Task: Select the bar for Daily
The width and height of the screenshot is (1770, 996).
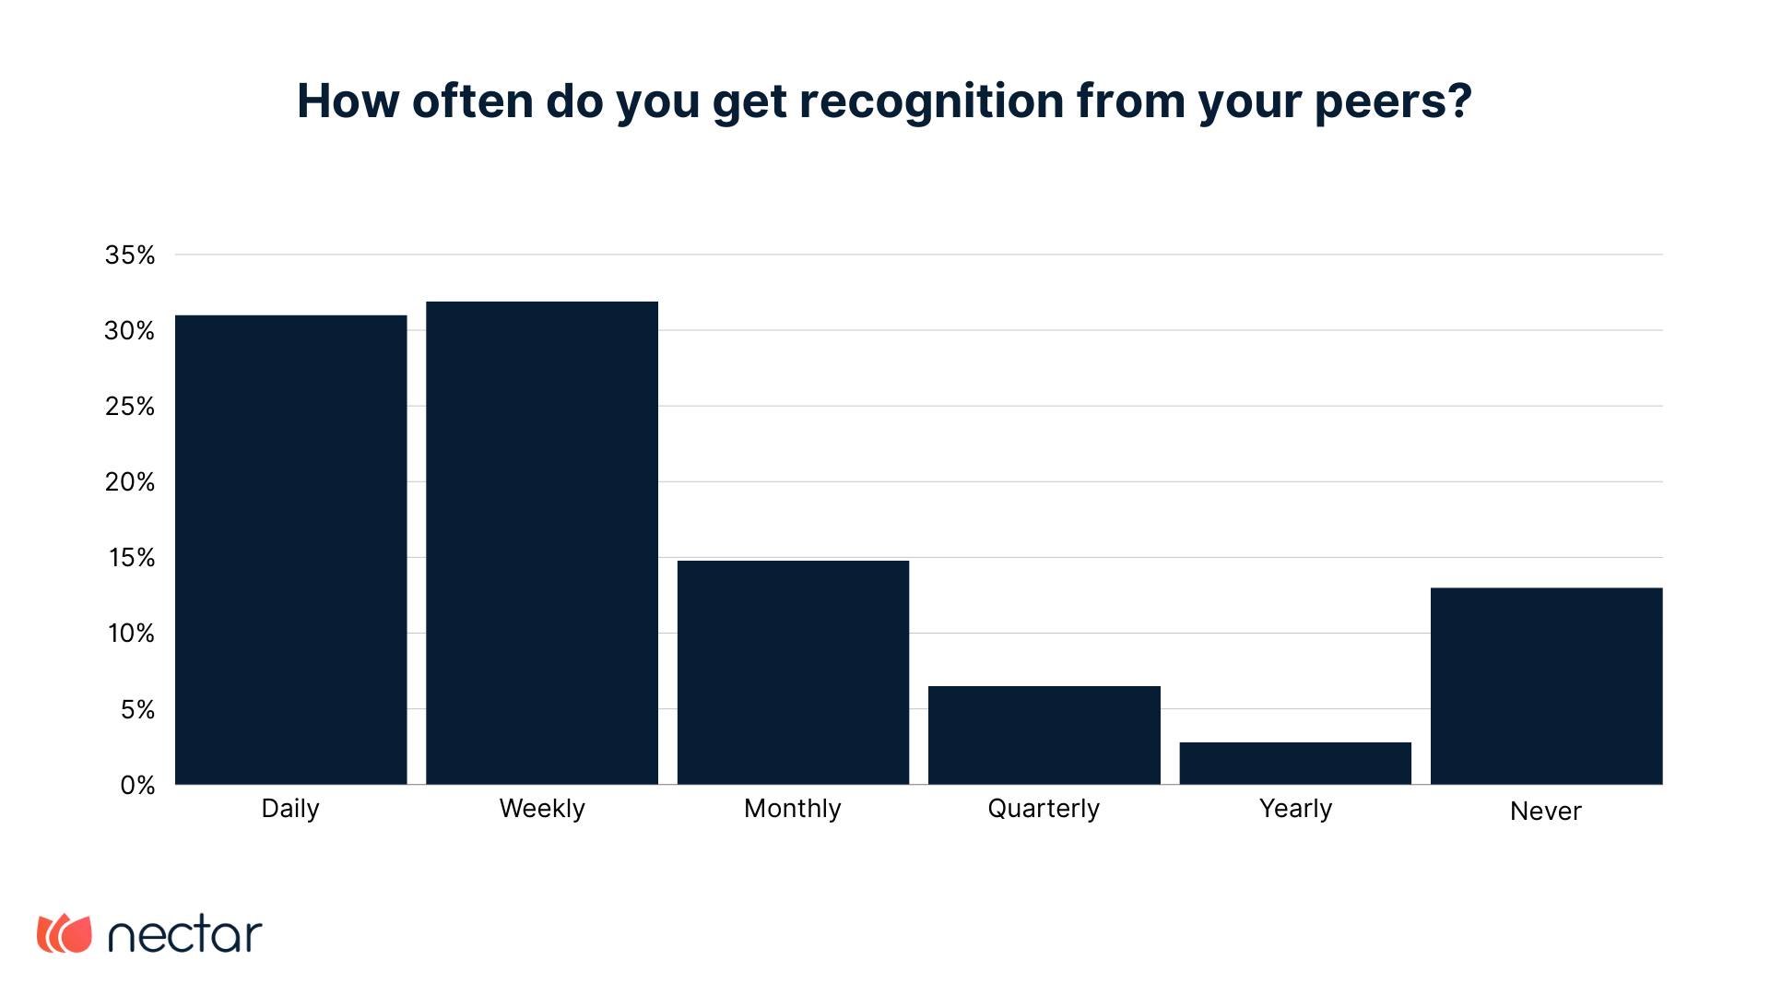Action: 290,550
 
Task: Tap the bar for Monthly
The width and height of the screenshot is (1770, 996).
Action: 793,672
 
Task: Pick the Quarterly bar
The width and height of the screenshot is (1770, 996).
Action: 1044,735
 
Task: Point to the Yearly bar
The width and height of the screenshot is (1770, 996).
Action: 1295,763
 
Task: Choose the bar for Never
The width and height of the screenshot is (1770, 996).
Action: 1546,686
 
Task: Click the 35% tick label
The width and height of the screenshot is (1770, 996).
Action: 130,255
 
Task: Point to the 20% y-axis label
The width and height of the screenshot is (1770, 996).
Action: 130,482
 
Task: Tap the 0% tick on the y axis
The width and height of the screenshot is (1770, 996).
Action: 137,786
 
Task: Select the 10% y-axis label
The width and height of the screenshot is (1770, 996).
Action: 131,634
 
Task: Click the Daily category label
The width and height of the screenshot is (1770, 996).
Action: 290,809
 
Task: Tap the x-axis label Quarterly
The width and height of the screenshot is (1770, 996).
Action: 1044,809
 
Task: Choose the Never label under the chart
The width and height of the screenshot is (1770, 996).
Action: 1545,812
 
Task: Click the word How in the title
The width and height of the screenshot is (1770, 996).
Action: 348,101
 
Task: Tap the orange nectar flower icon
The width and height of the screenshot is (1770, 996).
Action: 65,933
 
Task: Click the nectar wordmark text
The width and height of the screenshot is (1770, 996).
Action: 185,934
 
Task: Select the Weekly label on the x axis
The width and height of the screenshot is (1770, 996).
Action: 542,809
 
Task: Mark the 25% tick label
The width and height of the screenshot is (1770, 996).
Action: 130,407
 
